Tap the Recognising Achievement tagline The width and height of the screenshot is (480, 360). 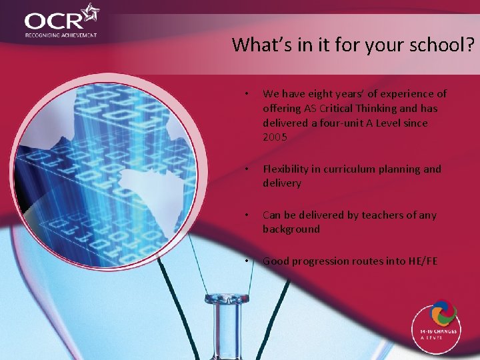[61, 35]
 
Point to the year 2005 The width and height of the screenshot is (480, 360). [275, 137]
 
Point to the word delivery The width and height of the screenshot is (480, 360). [282, 183]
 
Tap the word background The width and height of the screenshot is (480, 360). [291, 229]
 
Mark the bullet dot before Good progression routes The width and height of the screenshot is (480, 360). [247, 261]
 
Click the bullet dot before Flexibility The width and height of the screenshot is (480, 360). [247, 169]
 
